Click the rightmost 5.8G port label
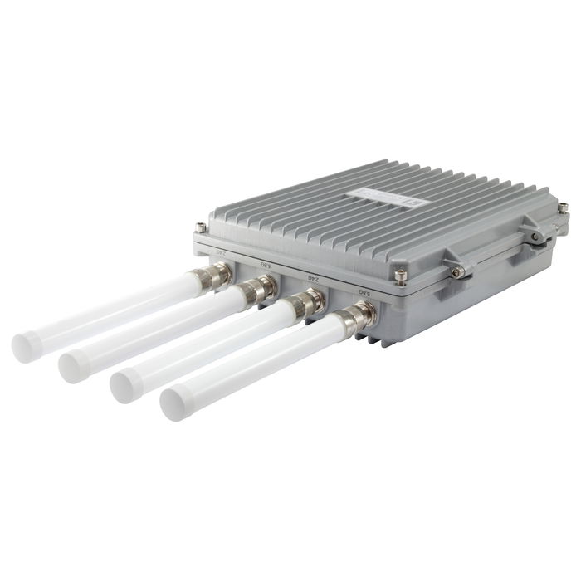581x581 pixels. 362,291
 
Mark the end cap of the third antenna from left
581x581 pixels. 125,383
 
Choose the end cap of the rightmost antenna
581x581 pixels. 176,403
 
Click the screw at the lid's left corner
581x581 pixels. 200,227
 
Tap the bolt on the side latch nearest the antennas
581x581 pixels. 456,271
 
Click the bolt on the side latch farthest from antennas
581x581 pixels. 537,237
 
